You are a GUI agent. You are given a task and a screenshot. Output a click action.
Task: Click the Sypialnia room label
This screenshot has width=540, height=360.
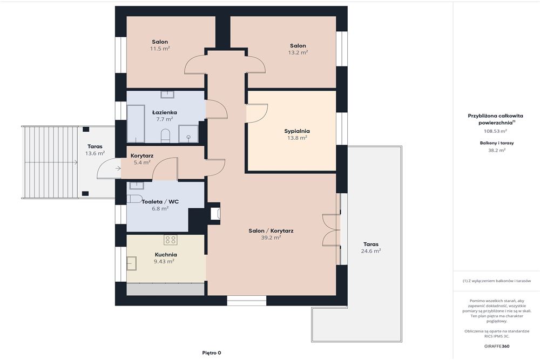click(x=297, y=131)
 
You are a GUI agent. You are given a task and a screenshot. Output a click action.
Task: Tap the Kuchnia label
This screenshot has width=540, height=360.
click(x=166, y=255)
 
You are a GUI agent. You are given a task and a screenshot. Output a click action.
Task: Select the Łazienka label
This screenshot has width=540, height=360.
click(x=165, y=113)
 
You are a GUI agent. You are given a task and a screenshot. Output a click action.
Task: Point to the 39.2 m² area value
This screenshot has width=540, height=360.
click(x=271, y=237)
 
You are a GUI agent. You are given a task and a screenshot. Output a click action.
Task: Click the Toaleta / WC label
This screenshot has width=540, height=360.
click(x=160, y=202)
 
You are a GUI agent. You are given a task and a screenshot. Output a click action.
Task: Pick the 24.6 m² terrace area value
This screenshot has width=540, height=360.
click(x=370, y=251)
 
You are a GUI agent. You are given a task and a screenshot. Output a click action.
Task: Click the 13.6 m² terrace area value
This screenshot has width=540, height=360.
click(x=95, y=153)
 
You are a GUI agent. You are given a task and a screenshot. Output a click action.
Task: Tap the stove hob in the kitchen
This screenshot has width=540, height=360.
click(x=170, y=240)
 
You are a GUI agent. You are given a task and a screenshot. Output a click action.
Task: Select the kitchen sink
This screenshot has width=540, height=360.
click(x=132, y=263)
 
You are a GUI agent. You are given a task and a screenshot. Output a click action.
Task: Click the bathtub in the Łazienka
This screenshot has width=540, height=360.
click(x=136, y=124)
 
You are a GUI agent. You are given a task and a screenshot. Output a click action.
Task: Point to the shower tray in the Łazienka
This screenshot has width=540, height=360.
click(x=188, y=133)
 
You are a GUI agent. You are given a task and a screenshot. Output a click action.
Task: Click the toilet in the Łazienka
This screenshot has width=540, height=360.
click(x=166, y=135)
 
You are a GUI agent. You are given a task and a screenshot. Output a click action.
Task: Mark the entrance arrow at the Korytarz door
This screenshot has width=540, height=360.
click(x=118, y=168)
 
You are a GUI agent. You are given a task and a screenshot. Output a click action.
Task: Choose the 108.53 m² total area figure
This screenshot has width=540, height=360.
click(x=495, y=131)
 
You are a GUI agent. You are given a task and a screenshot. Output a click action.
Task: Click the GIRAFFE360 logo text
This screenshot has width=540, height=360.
click(x=496, y=346)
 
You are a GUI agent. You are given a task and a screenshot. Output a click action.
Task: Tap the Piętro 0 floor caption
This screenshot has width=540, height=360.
click(x=212, y=353)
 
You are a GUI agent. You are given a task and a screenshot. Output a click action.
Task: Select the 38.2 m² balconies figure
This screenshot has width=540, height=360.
click(x=497, y=150)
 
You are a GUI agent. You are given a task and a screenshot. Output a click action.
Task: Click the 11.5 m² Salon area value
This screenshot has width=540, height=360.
click(x=160, y=49)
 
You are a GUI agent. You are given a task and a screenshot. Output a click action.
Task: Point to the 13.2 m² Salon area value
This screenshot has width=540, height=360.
click(x=298, y=52)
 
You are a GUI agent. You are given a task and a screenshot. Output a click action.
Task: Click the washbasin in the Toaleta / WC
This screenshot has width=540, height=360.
click(x=137, y=185)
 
